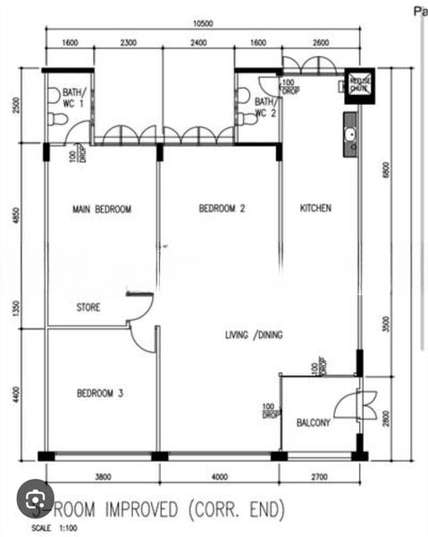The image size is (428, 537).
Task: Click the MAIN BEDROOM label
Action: (x=101, y=209)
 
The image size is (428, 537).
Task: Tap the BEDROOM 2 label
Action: (x=222, y=209)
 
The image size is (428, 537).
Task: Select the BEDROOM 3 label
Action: (x=100, y=393)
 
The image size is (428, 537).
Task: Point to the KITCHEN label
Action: (x=315, y=209)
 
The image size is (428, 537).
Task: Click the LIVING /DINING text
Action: (x=254, y=335)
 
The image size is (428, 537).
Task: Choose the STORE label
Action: (x=88, y=307)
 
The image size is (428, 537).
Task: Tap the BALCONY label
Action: (x=314, y=422)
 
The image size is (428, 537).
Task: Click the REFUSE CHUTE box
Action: (x=359, y=83)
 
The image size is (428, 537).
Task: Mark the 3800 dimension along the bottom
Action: (x=103, y=475)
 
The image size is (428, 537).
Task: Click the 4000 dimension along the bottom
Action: (x=220, y=475)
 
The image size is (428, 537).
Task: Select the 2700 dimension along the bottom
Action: (x=319, y=475)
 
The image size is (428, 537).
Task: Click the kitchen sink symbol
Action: (x=351, y=134)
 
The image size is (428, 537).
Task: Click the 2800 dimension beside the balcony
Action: (x=387, y=417)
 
